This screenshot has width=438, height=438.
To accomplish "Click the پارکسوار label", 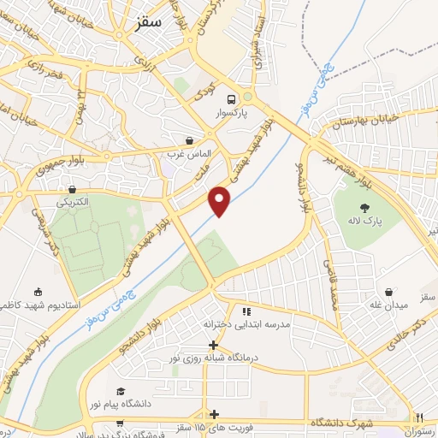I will (x=234, y=112).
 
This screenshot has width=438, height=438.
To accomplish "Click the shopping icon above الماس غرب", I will (x=189, y=139).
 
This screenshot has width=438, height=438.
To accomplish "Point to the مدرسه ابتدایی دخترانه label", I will (x=243, y=325).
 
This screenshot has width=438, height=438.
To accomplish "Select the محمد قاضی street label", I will (x=332, y=282).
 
